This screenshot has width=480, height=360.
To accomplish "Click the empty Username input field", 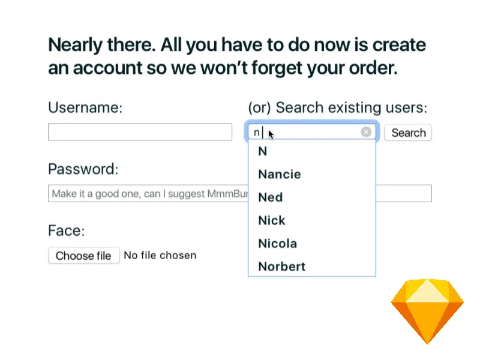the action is [140, 132].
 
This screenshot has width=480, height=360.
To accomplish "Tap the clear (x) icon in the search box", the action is [366, 132].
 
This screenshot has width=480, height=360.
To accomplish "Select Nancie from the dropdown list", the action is [280, 174].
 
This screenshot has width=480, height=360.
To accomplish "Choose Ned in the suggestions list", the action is [271, 197].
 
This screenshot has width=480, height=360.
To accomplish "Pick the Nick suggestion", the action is [272, 220].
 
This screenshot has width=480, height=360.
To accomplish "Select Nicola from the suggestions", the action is [277, 244].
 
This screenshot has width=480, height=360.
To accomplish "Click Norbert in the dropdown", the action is [281, 266].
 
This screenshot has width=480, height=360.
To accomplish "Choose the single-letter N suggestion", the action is [263, 151].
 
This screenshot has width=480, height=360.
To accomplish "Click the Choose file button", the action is [83, 256].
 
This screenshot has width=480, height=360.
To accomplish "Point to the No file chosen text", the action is [160, 256].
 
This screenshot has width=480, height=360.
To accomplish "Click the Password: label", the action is [83, 169].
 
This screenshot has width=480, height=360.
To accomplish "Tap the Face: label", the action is [66, 230].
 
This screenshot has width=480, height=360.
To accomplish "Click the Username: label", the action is [85, 107].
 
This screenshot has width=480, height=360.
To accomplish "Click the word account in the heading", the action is [107, 68].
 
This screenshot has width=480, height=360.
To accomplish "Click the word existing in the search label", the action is [355, 108].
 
